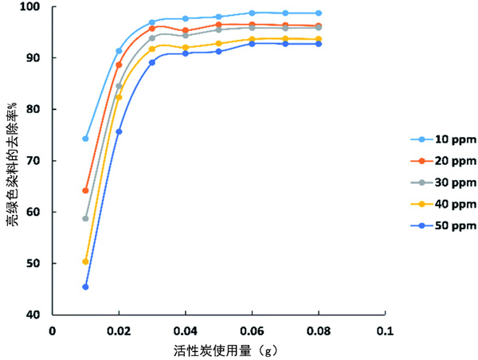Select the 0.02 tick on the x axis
119,329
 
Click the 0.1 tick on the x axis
386,329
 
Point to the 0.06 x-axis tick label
252,329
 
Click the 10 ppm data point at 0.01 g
85,139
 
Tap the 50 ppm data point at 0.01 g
85,287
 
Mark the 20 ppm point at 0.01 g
85,190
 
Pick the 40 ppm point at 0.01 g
85,261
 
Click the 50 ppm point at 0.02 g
119,131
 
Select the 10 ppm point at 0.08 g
319,14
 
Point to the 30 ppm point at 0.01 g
85,218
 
